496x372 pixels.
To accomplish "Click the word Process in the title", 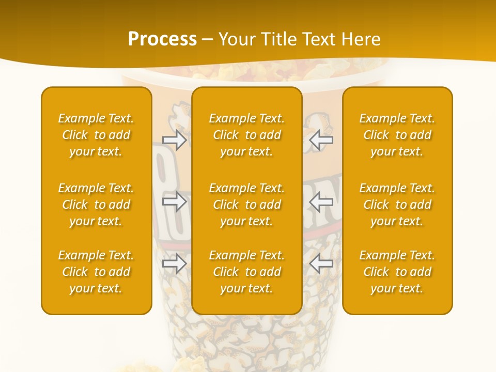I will point(162,39).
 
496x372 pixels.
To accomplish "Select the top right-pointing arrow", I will point(175,139).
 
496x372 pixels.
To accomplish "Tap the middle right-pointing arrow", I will point(175,202).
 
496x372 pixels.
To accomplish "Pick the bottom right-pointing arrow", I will point(175,264).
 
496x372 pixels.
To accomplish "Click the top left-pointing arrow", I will point(321,139).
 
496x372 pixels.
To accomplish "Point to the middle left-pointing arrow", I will point(321,202).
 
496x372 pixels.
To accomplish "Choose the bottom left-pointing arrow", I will point(321,264).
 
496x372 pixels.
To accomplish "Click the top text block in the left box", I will point(96,135).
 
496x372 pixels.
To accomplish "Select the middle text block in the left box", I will point(96,205).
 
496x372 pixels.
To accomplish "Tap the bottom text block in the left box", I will point(96,272).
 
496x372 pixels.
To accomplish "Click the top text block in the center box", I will point(247,135).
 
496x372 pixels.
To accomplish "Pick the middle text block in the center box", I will point(247,205).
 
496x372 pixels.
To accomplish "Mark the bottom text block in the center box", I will point(247,272).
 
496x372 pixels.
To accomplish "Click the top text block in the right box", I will point(397,135).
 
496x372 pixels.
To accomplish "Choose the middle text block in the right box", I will point(397,205).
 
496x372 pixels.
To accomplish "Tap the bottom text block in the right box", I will point(397,272).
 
